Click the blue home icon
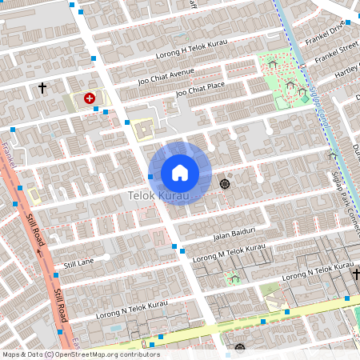click(180, 173)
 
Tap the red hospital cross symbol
click(90, 97)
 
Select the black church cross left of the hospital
click(42, 89)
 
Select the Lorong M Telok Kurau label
click(229, 253)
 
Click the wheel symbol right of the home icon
click(224, 184)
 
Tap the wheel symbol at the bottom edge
click(239, 348)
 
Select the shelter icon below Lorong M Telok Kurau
click(234, 278)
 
